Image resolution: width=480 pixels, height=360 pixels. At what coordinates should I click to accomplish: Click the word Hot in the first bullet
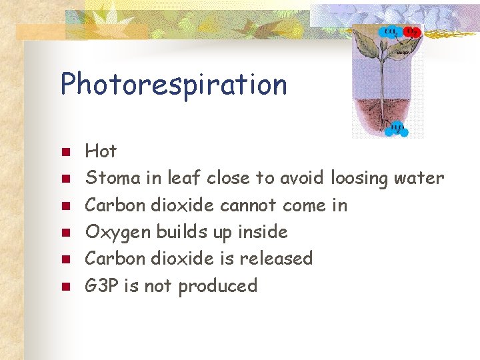(x=101, y=151)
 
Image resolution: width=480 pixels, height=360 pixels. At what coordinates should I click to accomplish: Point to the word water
(x=419, y=178)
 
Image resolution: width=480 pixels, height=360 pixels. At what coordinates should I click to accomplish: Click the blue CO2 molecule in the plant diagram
(x=387, y=31)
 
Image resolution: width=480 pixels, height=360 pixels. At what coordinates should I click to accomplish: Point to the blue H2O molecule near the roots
(x=398, y=128)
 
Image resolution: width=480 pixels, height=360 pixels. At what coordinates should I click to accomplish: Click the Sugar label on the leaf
(x=402, y=51)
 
